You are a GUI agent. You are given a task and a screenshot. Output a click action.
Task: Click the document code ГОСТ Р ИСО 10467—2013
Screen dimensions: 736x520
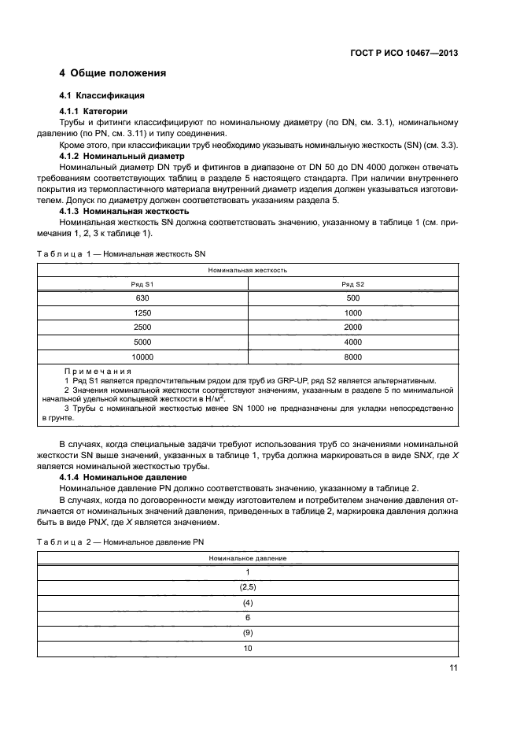pos(404,54)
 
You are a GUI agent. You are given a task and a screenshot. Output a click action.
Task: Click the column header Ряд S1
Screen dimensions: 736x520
pos(142,283)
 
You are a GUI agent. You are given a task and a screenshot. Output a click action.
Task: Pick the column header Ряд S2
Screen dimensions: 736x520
pos(352,283)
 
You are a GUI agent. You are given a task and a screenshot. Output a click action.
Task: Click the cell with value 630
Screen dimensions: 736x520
pos(142,298)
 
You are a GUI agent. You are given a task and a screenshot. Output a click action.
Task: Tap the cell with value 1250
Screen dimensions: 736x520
pos(142,313)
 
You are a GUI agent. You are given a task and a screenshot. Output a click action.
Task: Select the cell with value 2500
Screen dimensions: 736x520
pos(142,327)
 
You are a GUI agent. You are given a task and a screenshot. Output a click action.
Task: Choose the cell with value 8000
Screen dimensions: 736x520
pos(352,356)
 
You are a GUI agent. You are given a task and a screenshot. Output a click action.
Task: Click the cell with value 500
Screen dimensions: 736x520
pos(352,298)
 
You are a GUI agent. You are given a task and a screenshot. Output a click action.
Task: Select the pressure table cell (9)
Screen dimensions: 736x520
pos(247,632)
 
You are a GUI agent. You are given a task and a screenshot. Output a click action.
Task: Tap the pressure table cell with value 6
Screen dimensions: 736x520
pos(247,617)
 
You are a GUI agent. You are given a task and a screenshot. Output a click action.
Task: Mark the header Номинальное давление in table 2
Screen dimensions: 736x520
pos(247,558)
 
